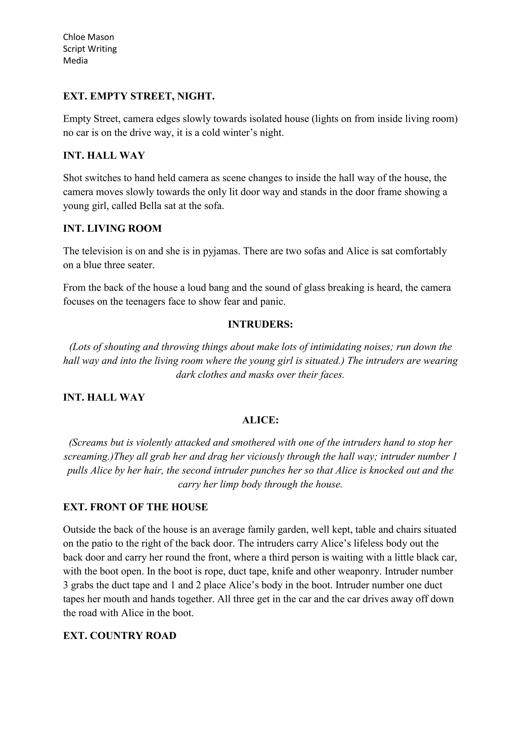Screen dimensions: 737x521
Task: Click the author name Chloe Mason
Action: click(88, 37)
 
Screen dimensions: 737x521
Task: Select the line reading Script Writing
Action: click(90, 49)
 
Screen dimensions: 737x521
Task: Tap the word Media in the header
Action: click(75, 61)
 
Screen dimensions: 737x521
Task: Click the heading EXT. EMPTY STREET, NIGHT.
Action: click(139, 96)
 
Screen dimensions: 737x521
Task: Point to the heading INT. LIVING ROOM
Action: click(112, 229)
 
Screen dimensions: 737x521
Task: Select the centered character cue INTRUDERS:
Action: click(260, 324)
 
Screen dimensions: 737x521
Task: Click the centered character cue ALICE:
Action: click(260, 420)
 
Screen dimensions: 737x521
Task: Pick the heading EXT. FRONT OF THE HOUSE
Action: click(135, 507)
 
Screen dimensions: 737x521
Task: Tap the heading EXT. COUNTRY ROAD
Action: click(120, 635)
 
